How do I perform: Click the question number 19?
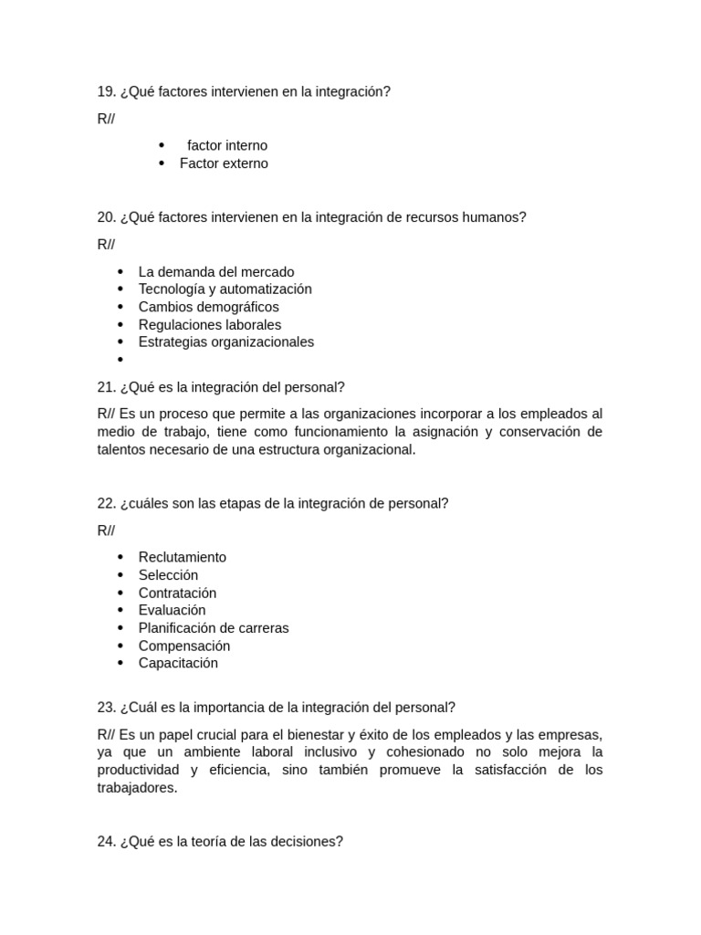click(106, 92)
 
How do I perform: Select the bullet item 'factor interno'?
click(227, 146)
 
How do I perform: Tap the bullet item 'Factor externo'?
click(224, 163)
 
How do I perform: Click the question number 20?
click(106, 217)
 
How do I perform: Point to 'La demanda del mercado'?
click(216, 272)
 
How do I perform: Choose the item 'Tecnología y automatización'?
click(225, 289)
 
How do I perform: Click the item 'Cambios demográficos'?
click(208, 307)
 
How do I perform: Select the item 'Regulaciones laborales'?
click(210, 325)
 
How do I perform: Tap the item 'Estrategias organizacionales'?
click(225, 342)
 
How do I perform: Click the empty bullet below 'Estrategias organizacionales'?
click(120, 360)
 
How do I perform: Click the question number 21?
click(106, 387)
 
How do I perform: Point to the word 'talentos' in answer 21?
click(122, 450)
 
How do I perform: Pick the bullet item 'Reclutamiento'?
click(182, 558)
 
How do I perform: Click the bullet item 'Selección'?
click(168, 575)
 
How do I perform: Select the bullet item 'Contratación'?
click(177, 594)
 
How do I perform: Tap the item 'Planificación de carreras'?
click(213, 628)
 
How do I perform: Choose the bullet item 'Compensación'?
click(183, 646)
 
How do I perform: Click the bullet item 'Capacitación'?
click(178, 664)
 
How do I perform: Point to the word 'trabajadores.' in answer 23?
click(137, 788)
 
